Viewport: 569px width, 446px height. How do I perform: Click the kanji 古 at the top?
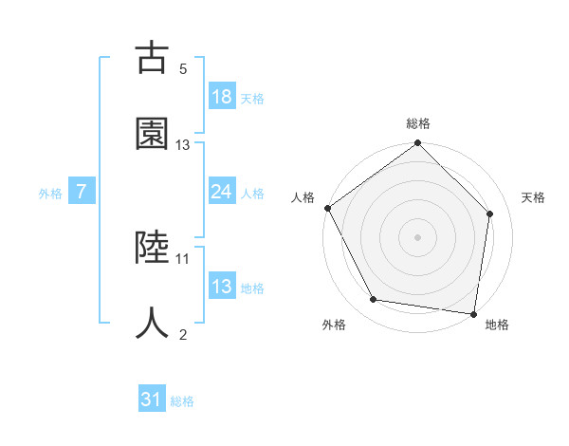click(152, 58)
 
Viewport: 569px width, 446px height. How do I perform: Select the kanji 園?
click(152, 134)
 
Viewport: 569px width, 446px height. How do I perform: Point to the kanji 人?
click(152, 322)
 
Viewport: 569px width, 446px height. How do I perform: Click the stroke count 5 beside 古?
click(183, 69)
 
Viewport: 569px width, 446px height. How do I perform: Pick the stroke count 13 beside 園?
click(183, 145)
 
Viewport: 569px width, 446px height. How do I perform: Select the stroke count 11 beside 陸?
click(183, 258)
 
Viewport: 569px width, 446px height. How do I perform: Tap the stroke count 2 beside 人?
click(183, 334)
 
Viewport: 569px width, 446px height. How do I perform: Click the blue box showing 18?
click(222, 97)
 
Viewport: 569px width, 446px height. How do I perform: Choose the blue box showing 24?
click(222, 192)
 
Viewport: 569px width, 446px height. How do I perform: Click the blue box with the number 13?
click(222, 287)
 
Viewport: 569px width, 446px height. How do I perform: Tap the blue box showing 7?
click(82, 192)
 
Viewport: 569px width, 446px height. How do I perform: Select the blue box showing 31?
click(152, 400)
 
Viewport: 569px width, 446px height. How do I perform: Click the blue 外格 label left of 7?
click(50, 193)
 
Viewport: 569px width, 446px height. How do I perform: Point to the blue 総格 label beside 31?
click(182, 401)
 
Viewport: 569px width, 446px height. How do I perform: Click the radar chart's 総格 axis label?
click(418, 123)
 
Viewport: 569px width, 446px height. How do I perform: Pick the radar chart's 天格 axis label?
click(534, 197)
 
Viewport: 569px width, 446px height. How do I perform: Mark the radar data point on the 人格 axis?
click(328, 208)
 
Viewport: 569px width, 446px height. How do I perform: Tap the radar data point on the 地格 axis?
click(473, 313)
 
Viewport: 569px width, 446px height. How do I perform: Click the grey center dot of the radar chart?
click(418, 236)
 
